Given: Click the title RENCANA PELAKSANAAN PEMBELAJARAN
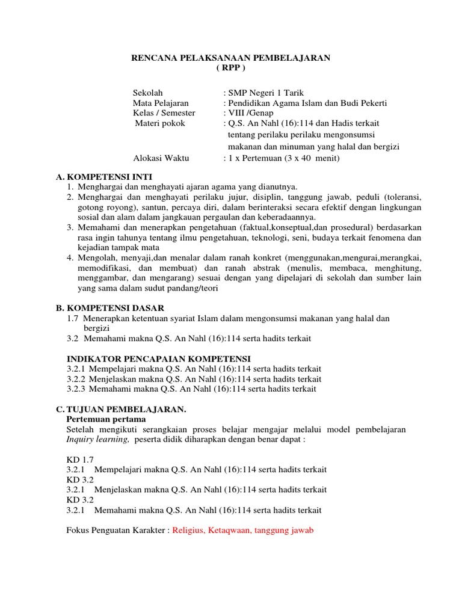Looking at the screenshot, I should (231, 58).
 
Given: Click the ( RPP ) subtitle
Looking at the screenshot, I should (231, 68).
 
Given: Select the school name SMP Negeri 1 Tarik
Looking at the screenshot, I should (266, 93).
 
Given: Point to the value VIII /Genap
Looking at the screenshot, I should (248, 113).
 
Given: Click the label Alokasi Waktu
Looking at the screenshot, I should (161, 158).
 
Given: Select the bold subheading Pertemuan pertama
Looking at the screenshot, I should (105, 419).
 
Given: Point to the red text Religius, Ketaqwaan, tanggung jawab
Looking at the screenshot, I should (243, 531).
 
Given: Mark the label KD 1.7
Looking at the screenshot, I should (77, 459).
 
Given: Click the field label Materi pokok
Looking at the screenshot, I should (159, 123).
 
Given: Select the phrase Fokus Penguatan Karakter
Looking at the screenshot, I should (116, 531).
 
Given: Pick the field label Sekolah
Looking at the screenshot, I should (147, 93).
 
